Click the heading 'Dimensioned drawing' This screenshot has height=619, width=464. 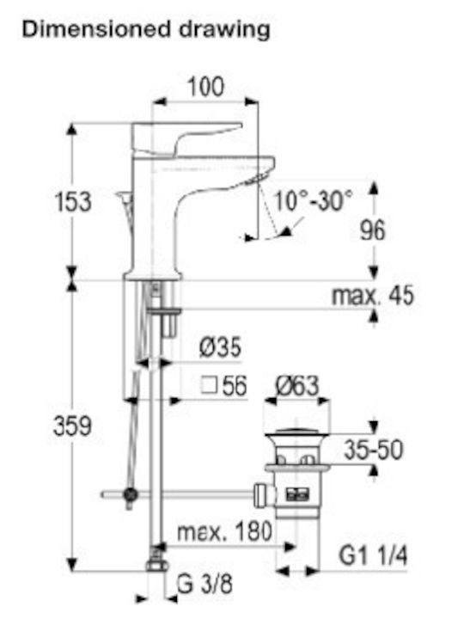click(146, 30)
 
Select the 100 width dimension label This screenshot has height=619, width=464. click(205, 87)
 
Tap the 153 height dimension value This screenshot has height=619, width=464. click(73, 202)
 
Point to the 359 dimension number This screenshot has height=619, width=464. click(72, 426)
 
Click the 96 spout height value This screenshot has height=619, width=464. click(372, 230)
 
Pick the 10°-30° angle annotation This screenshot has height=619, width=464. click(313, 200)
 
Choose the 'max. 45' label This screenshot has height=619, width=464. click(373, 295)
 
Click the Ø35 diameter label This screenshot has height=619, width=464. click(220, 347)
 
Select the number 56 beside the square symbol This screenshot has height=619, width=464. click(235, 386)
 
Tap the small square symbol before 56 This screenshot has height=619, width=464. click(209, 385)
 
